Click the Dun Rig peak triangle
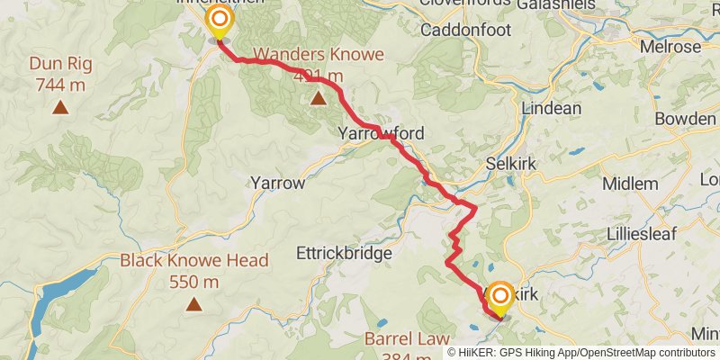point(60,108)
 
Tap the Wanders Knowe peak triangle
point(317,97)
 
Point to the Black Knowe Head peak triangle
point(193,304)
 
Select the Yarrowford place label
point(381,133)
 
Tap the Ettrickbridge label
point(344,254)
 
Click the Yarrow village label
point(278,182)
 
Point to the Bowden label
point(685,118)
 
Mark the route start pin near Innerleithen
point(218,21)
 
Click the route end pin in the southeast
point(499,296)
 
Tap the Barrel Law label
point(406,339)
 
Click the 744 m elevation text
point(60,85)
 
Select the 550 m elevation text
point(193,282)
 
